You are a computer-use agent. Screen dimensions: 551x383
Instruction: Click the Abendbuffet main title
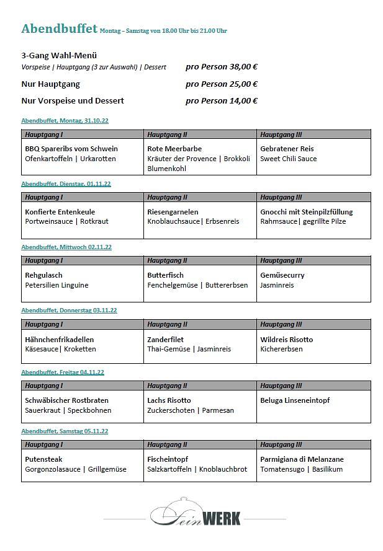click(59, 29)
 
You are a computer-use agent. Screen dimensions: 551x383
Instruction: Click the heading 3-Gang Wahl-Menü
click(59, 55)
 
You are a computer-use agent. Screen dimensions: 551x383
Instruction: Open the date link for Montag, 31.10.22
click(65, 120)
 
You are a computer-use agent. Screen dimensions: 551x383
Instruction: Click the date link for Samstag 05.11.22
click(65, 431)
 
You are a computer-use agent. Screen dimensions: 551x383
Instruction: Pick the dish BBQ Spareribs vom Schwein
click(71, 149)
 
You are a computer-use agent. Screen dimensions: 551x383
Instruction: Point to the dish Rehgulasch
click(43, 275)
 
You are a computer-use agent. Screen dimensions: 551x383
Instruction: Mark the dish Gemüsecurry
click(282, 275)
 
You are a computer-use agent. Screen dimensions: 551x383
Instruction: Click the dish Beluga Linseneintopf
click(295, 400)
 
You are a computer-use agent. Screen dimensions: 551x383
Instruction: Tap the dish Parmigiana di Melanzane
click(302, 459)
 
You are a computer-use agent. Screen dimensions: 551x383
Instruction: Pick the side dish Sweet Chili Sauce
click(288, 159)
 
